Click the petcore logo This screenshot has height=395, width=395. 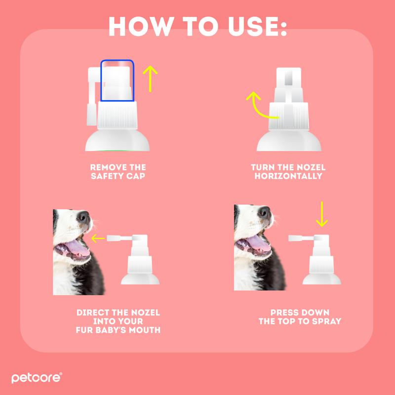(x=37, y=378)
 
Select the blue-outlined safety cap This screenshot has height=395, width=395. (x=117, y=80)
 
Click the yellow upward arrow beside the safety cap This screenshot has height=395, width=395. (x=150, y=79)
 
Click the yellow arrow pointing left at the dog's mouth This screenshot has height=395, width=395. (x=98, y=238)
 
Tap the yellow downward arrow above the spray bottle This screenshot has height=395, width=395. (x=322, y=214)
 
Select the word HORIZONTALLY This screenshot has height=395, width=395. (x=288, y=176)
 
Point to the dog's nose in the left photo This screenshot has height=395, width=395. (x=83, y=217)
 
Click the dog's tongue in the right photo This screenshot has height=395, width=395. (x=258, y=243)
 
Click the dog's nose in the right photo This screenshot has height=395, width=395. (x=265, y=212)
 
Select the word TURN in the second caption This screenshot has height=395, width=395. (x=262, y=167)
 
